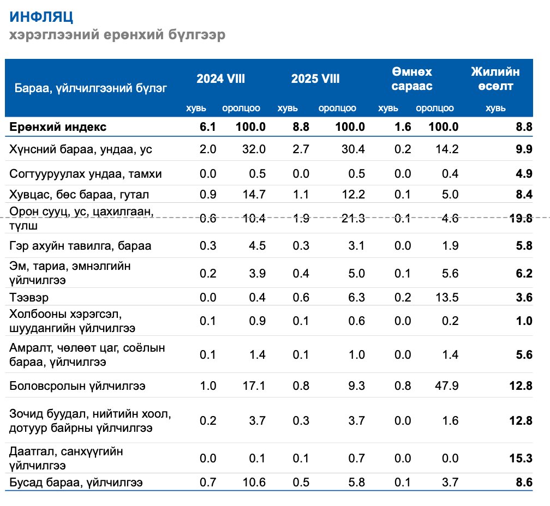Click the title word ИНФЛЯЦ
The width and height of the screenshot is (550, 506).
pos(41,17)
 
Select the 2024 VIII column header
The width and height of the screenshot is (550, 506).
pos(221,79)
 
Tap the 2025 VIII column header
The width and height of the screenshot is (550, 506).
pos(315,79)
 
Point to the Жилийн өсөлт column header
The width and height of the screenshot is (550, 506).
pos(495,79)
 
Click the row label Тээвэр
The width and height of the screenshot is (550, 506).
pos(31,297)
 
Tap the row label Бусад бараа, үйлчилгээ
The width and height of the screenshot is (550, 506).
pos(76,482)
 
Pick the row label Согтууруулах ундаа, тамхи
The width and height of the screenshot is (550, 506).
pos(86,173)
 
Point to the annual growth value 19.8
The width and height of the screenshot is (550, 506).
pos(520,219)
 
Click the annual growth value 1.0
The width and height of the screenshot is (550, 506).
pos(523,321)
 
